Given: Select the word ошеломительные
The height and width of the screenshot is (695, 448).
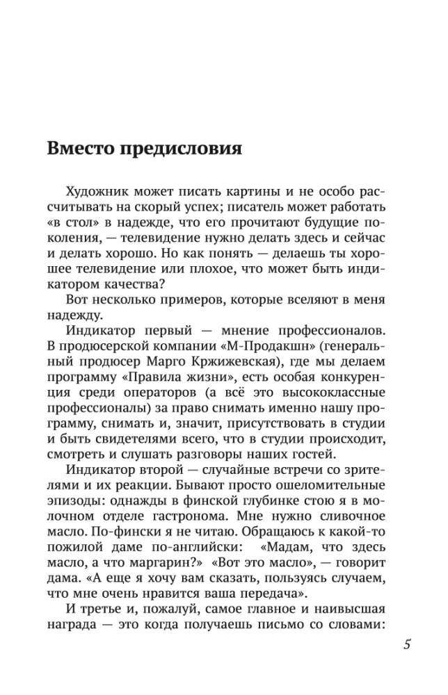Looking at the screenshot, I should (x=333, y=481).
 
